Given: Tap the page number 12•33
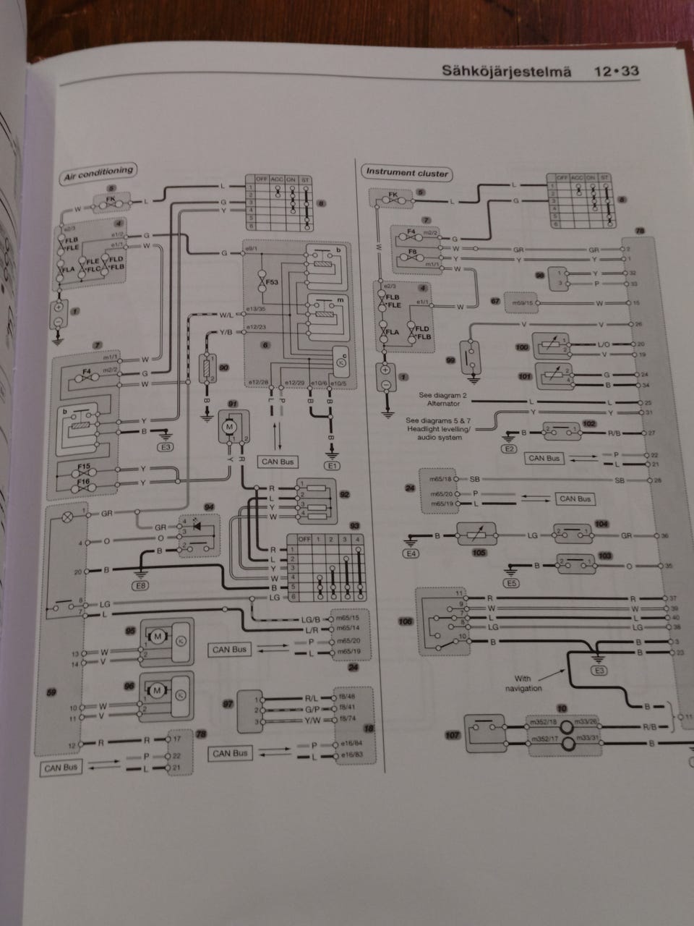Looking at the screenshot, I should tap(616, 72).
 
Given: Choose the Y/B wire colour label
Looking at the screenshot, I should tap(226, 332).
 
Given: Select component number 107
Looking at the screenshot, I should tap(453, 735).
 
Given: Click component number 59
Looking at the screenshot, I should tap(51, 694).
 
